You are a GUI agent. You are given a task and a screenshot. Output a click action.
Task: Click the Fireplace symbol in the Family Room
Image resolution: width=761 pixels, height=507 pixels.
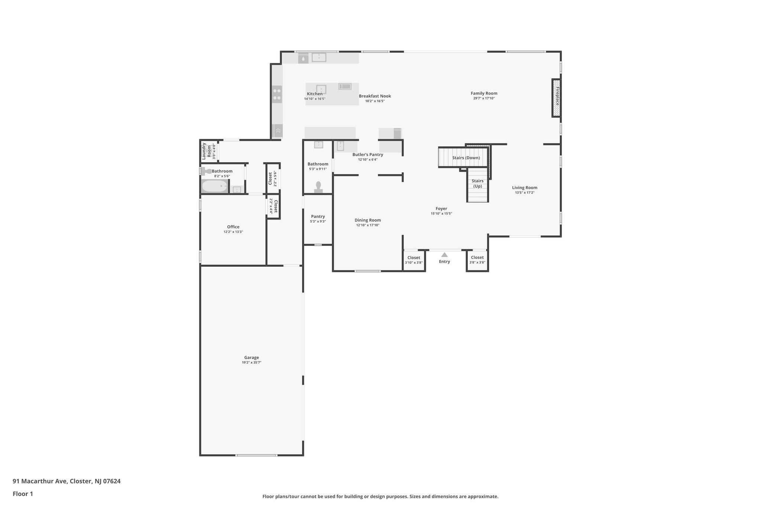[x=556, y=98]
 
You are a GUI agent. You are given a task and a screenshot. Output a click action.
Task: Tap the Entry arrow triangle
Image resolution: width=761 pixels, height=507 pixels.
[x=444, y=255]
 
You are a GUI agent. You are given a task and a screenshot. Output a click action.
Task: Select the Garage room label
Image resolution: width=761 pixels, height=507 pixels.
[x=252, y=358]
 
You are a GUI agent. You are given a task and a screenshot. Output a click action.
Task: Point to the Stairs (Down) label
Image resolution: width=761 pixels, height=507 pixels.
[x=466, y=158]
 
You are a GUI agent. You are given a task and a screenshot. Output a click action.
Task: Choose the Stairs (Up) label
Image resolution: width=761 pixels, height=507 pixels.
[x=477, y=183]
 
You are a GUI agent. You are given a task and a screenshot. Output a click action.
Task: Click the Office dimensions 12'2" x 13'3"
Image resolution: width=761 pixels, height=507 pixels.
[x=233, y=232]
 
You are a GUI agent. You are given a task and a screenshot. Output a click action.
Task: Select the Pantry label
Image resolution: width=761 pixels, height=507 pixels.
[x=318, y=217]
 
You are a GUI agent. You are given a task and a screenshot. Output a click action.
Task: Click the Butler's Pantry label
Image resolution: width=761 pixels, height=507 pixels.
[x=368, y=155]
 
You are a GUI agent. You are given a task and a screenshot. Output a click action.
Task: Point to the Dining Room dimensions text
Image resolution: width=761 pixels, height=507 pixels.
[x=368, y=225]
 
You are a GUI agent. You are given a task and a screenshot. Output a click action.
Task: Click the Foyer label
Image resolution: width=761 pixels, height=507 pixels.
[x=441, y=209]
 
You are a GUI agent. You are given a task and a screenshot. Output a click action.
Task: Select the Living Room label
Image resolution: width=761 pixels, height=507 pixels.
[x=525, y=188]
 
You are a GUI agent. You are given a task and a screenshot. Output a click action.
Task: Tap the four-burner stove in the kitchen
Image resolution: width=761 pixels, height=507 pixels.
[x=277, y=94]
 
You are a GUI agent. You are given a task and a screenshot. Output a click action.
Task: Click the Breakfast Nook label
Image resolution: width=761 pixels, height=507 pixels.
[x=375, y=96]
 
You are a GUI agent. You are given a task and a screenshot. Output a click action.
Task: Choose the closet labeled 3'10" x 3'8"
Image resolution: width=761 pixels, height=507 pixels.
[x=414, y=260]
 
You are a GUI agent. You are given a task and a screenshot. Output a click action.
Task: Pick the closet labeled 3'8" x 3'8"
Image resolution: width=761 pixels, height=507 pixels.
[x=477, y=260]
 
